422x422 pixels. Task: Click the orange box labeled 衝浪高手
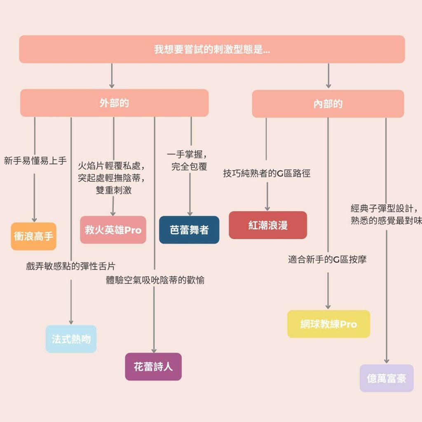pyautogui.click(x=33, y=237)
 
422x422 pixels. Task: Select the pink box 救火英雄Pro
pyautogui.click(x=113, y=230)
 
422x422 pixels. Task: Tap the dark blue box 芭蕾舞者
pyautogui.click(x=189, y=230)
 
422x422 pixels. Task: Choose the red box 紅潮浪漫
pyautogui.click(x=268, y=225)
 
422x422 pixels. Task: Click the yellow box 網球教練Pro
pyautogui.click(x=328, y=324)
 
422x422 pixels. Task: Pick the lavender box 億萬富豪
pyautogui.click(x=387, y=378)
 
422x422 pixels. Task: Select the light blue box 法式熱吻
pyautogui.click(x=71, y=339)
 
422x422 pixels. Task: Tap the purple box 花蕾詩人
pyautogui.click(x=153, y=366)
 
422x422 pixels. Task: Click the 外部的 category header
pyautogui.click(x=114, y=103)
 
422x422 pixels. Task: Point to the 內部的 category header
pyautogui.click(x=328, y=104)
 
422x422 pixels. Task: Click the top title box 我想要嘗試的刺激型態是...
pyautogui.click(x=212, y=49)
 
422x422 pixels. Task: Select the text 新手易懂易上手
pyautogui.click(x=35, y=161)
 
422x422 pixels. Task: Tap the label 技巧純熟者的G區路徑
pyautogui.click(x=267, y=173)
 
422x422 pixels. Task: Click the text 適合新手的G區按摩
pyautogui.click(x=327, y=259)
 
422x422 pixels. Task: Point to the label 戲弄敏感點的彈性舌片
pyautogui.click(x=70, y=266)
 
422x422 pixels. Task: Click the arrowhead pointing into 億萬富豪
pyautogui.click(x=387, y=360)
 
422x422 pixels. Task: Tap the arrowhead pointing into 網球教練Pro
pyautogui.click(x=328, y=306)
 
